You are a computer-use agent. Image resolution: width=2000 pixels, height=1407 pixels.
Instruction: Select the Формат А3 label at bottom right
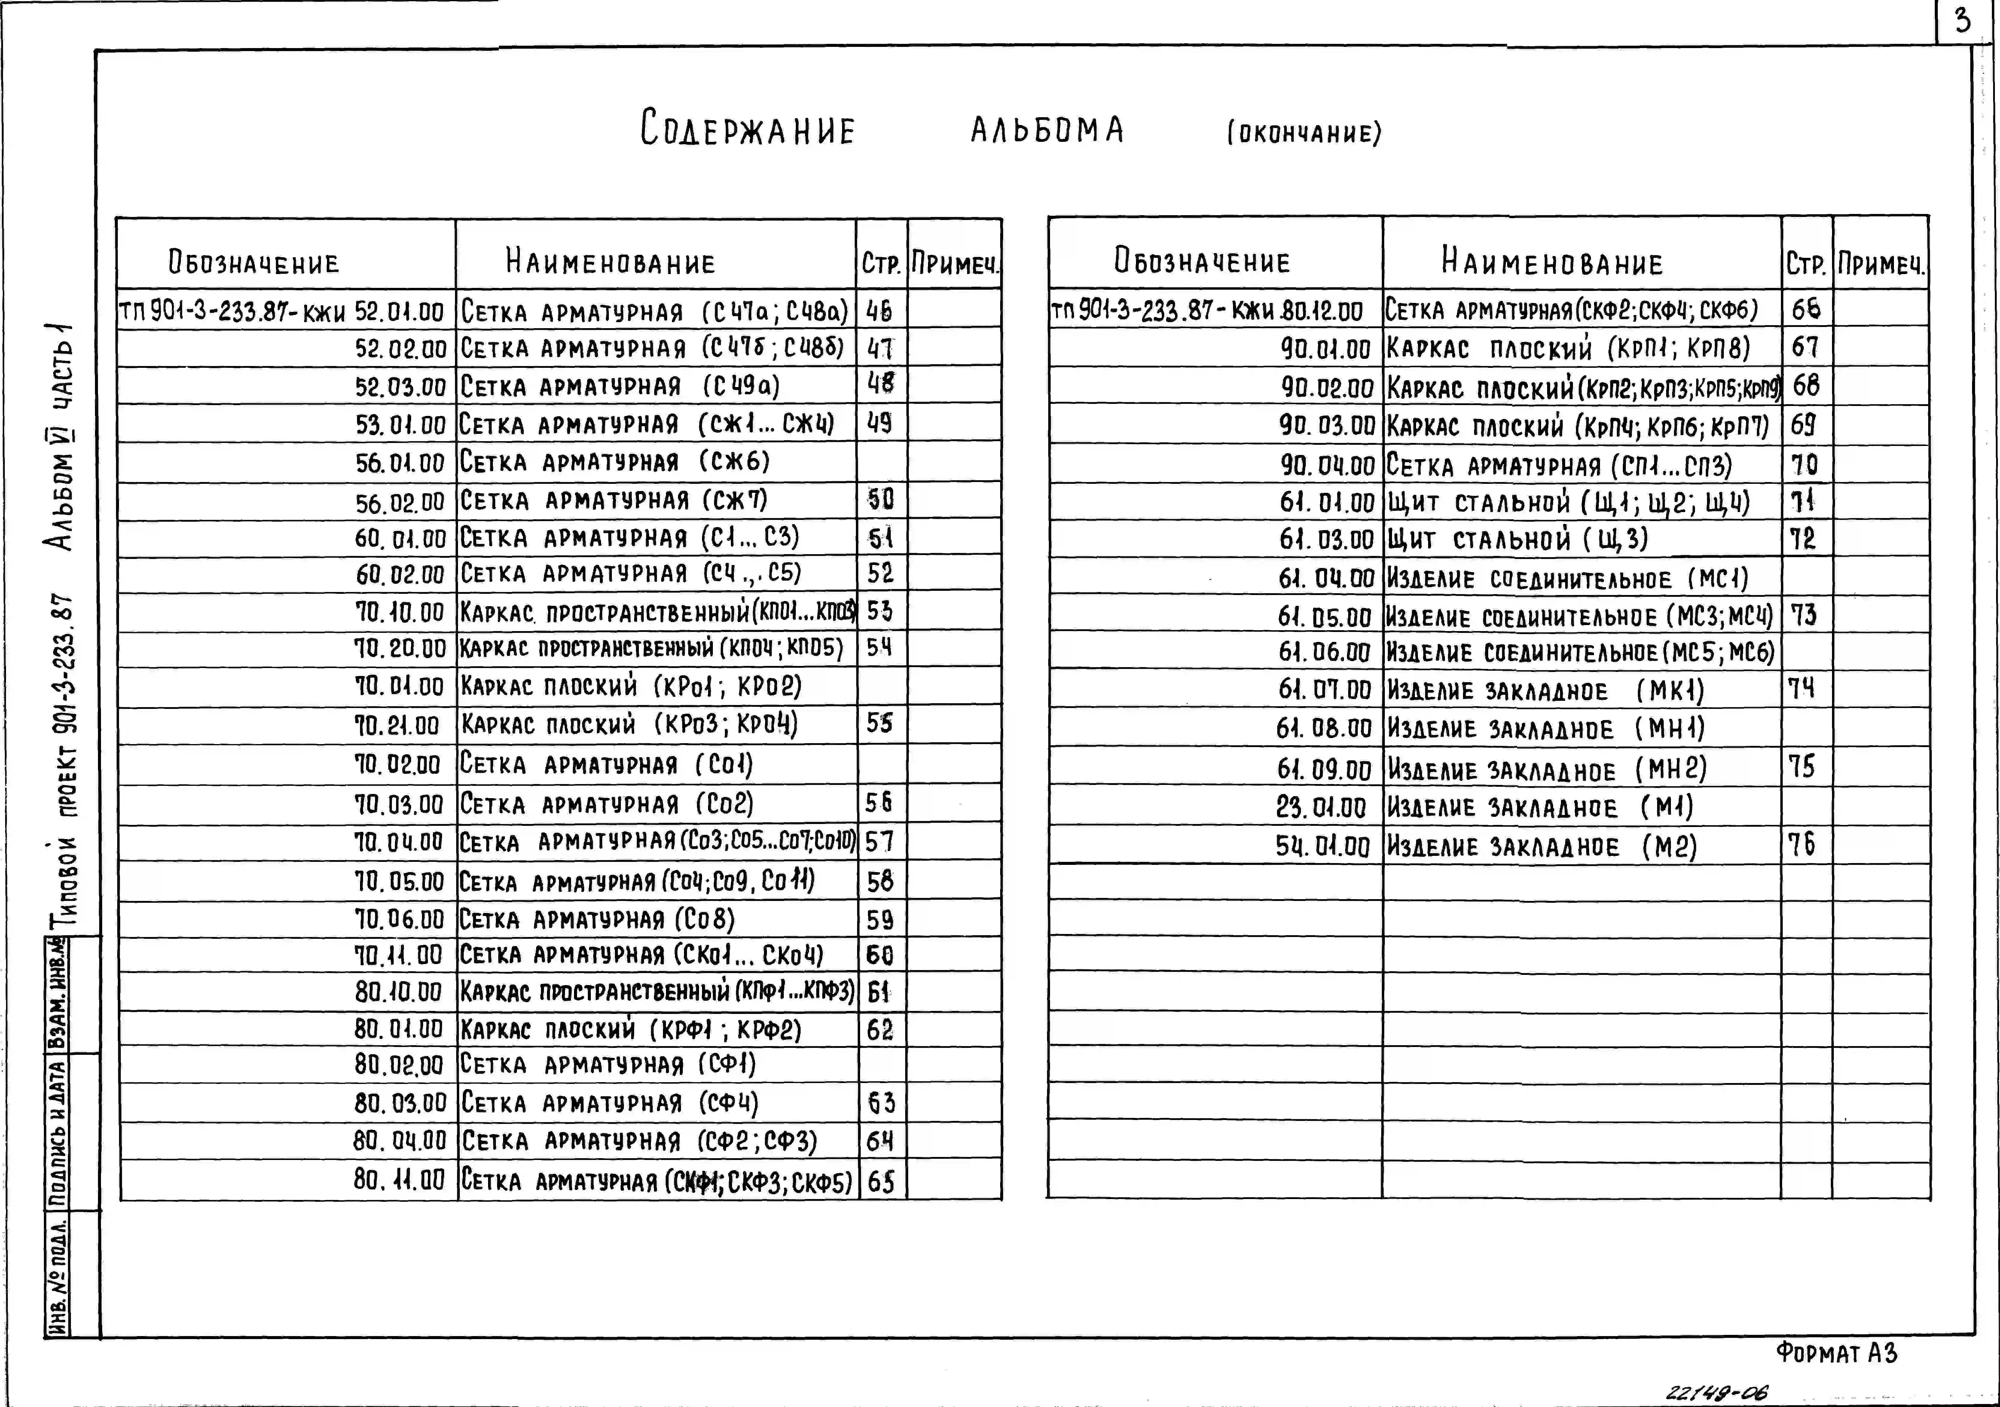(x=1836, y=1353)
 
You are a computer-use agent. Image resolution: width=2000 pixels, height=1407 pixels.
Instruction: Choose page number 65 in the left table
(x=881, y=1181)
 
